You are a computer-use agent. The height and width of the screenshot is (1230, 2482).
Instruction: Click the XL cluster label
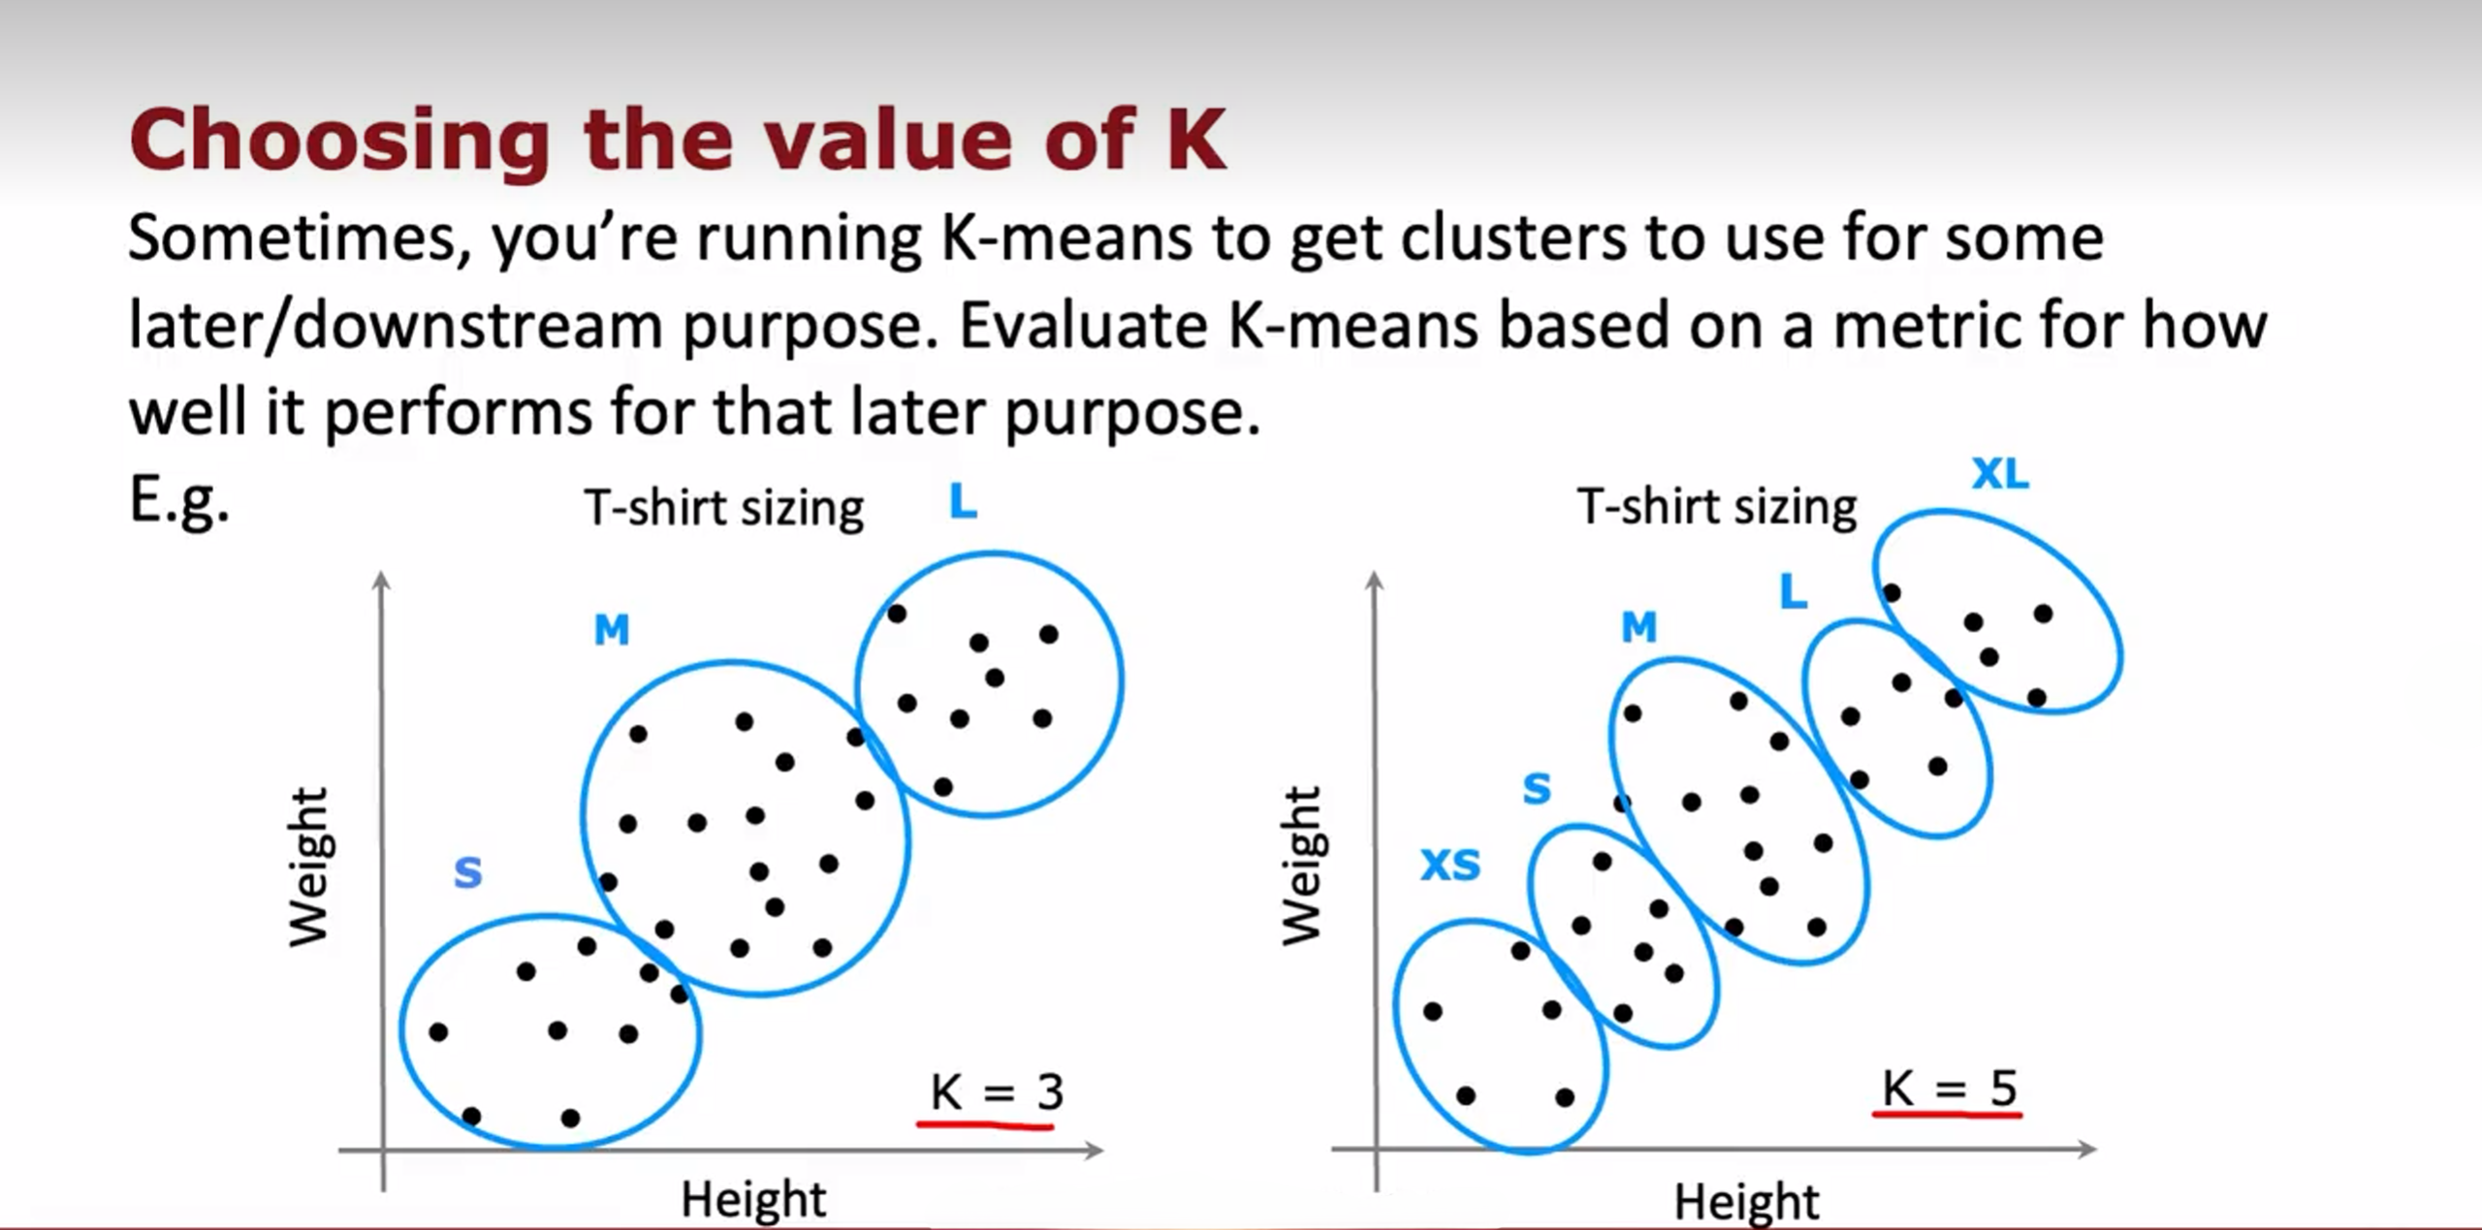pyautogui.click(x=2000, y=474)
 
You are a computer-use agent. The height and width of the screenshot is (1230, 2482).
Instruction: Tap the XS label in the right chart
pyautogui.click(x=1450, y=865)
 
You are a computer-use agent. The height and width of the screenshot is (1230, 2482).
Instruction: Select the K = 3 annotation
pyautogui.click(x=997, y=1092)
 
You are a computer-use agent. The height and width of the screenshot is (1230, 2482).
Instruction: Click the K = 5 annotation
pyautogui.click(x=1949, y=1088)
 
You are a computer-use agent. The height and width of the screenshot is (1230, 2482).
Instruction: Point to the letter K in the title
pyautogui.click(x=1196, y=140)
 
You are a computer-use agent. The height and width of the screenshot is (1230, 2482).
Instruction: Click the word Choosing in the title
pyautogui.click(x=340, y=142)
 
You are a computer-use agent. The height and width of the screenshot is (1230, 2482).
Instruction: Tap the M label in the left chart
pyautogui.click(x=612, y=630)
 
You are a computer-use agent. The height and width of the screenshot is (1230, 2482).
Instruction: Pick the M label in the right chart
pyautogui.click(x=1639, y=627)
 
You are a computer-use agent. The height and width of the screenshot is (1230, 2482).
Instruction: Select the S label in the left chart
pyautogui.click(x=468, y=872)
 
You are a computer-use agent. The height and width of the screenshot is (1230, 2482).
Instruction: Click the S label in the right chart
pyautogui.click(x=1537, y=788)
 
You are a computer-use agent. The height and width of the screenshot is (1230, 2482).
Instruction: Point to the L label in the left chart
pyautogui.click(x=963, y=501)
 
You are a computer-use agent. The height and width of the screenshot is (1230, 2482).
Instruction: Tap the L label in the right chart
pyautogui.click(x=1794, y=590)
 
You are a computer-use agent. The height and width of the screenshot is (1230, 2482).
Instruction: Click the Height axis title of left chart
pyautogui.click(x=753, y=1199)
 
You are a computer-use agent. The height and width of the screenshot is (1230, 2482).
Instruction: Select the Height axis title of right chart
pyautogui.click(x=1747, y=1202)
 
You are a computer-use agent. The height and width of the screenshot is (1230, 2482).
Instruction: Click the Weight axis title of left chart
pyautogui.click(x=309, y=866)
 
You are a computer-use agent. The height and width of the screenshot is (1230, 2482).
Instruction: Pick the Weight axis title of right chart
pyautogui.click(x=1302, y=865)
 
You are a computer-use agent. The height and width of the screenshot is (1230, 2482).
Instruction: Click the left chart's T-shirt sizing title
pyautogui.click(x=724, y=509)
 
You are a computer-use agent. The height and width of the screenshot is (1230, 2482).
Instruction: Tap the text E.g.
pyautogui.click(x=179, y=502)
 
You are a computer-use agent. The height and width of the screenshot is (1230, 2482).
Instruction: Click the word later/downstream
pyautogui.click(x=396, y=326)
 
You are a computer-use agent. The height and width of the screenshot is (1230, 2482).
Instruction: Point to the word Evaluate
pyautogui.click(x=1084, y=324)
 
